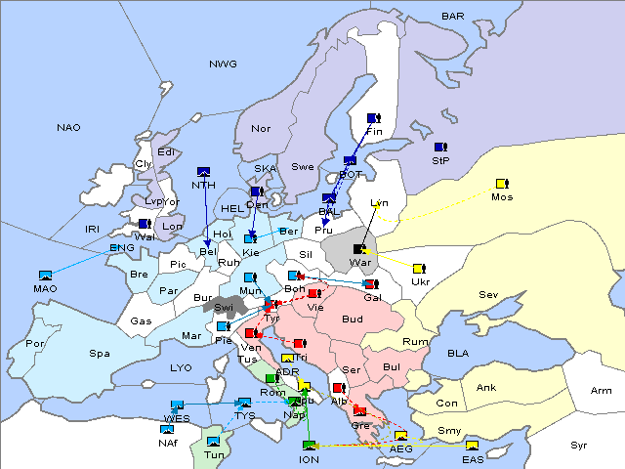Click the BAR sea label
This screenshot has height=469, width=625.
pos(453,16)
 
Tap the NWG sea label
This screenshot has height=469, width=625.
pos(223,64)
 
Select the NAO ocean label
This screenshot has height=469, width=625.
pos(68,127)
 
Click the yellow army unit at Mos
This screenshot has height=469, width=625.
pos(502,183)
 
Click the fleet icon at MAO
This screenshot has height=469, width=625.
pos(45,276)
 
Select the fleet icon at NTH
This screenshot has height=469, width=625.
pos(204,171)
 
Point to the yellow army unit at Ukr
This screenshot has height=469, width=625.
pos(419,268)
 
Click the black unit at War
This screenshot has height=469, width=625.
pos(360,249)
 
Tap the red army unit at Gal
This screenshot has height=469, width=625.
pos(370,284)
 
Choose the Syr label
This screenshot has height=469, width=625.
pos(579,445)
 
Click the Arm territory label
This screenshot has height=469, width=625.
pos(602,391)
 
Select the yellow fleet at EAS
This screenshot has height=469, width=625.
pos(472,447)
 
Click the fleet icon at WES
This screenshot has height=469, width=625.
pos(177,405)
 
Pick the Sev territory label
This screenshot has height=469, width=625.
pos(488,294)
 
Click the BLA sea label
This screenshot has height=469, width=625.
pos(458,353)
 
